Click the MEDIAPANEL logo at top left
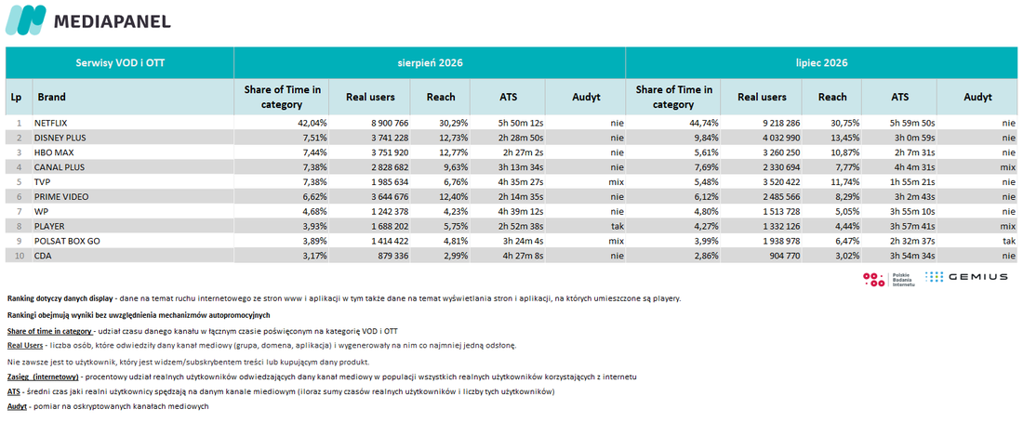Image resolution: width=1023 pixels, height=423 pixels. [88, 20]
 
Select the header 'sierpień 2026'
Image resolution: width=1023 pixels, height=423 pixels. [430, 63]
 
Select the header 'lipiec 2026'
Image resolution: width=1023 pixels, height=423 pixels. [821, 63]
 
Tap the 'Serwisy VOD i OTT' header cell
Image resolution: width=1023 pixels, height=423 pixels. [120, 63]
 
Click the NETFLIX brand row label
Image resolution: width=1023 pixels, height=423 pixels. [53, 123]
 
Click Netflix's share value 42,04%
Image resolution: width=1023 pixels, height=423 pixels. [312, 123]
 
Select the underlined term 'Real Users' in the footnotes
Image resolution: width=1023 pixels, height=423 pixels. [24, 345]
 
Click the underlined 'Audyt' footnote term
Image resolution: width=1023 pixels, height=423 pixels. [17, 406]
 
